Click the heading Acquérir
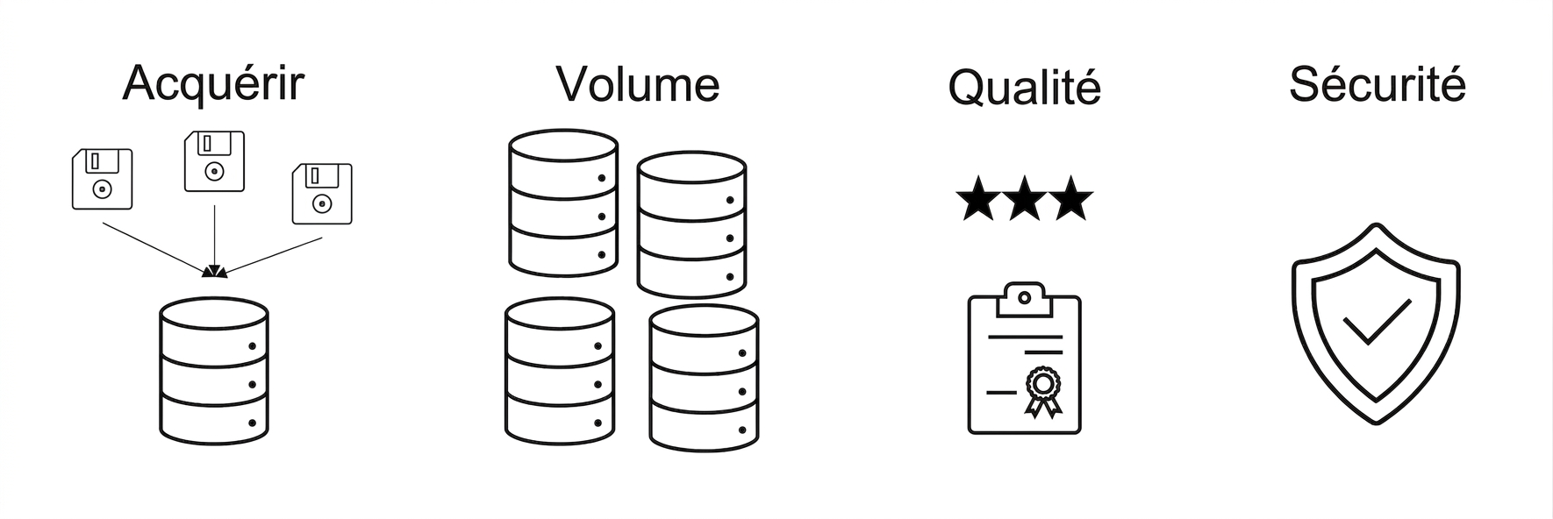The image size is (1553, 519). pos(213,83)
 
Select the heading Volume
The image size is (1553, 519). pos(638,84)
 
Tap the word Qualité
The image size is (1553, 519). pos(1024,88)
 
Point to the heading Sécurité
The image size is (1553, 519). pos(1377,84)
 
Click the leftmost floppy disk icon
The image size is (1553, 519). pos(102,179)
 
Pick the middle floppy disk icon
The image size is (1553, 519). pos(214,161)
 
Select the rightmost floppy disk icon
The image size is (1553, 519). pos(322,193)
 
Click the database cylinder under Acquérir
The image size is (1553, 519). pos(214,371)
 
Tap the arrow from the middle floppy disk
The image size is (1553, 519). pos(215,242)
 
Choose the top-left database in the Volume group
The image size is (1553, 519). pos(563,203)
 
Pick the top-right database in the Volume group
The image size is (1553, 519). pos(691,225)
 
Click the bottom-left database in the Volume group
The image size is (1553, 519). pos(560,371)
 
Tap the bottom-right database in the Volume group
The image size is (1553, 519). pos(704,378)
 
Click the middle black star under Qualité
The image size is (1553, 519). pos(1025,198)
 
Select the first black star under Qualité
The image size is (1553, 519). pos(978,198)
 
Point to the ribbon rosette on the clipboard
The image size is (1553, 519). pos(1043,391)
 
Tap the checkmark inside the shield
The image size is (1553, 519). pos(1377,322)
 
